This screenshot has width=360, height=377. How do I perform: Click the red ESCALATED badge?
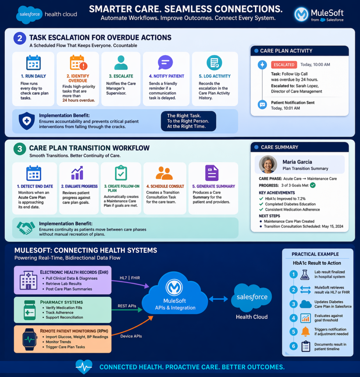coord(284,65)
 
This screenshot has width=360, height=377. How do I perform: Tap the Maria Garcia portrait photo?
coord(268,164)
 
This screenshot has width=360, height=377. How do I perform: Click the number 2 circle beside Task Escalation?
coord(19,38)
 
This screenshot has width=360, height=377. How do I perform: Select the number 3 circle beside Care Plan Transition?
coord(19,149)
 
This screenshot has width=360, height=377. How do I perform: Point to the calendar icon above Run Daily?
coord(33,63)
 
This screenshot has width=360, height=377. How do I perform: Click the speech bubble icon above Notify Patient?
coord(165,63)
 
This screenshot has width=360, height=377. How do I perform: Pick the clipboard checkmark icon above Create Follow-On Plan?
coord(121,173)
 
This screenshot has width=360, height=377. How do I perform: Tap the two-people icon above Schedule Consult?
coord(164,173)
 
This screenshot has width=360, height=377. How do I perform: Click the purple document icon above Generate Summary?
coord(211,173)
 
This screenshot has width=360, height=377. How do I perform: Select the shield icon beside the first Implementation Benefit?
coord(26,121)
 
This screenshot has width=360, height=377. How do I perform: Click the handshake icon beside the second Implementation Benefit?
coord(26,228)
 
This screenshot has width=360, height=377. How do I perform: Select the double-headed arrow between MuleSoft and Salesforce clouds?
coord(218,299)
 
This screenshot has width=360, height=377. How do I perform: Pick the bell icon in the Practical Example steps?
coord(305,332)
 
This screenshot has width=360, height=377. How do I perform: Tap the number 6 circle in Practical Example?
coord(293,346)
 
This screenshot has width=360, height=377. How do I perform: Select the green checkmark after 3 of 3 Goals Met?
coord(313,185)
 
